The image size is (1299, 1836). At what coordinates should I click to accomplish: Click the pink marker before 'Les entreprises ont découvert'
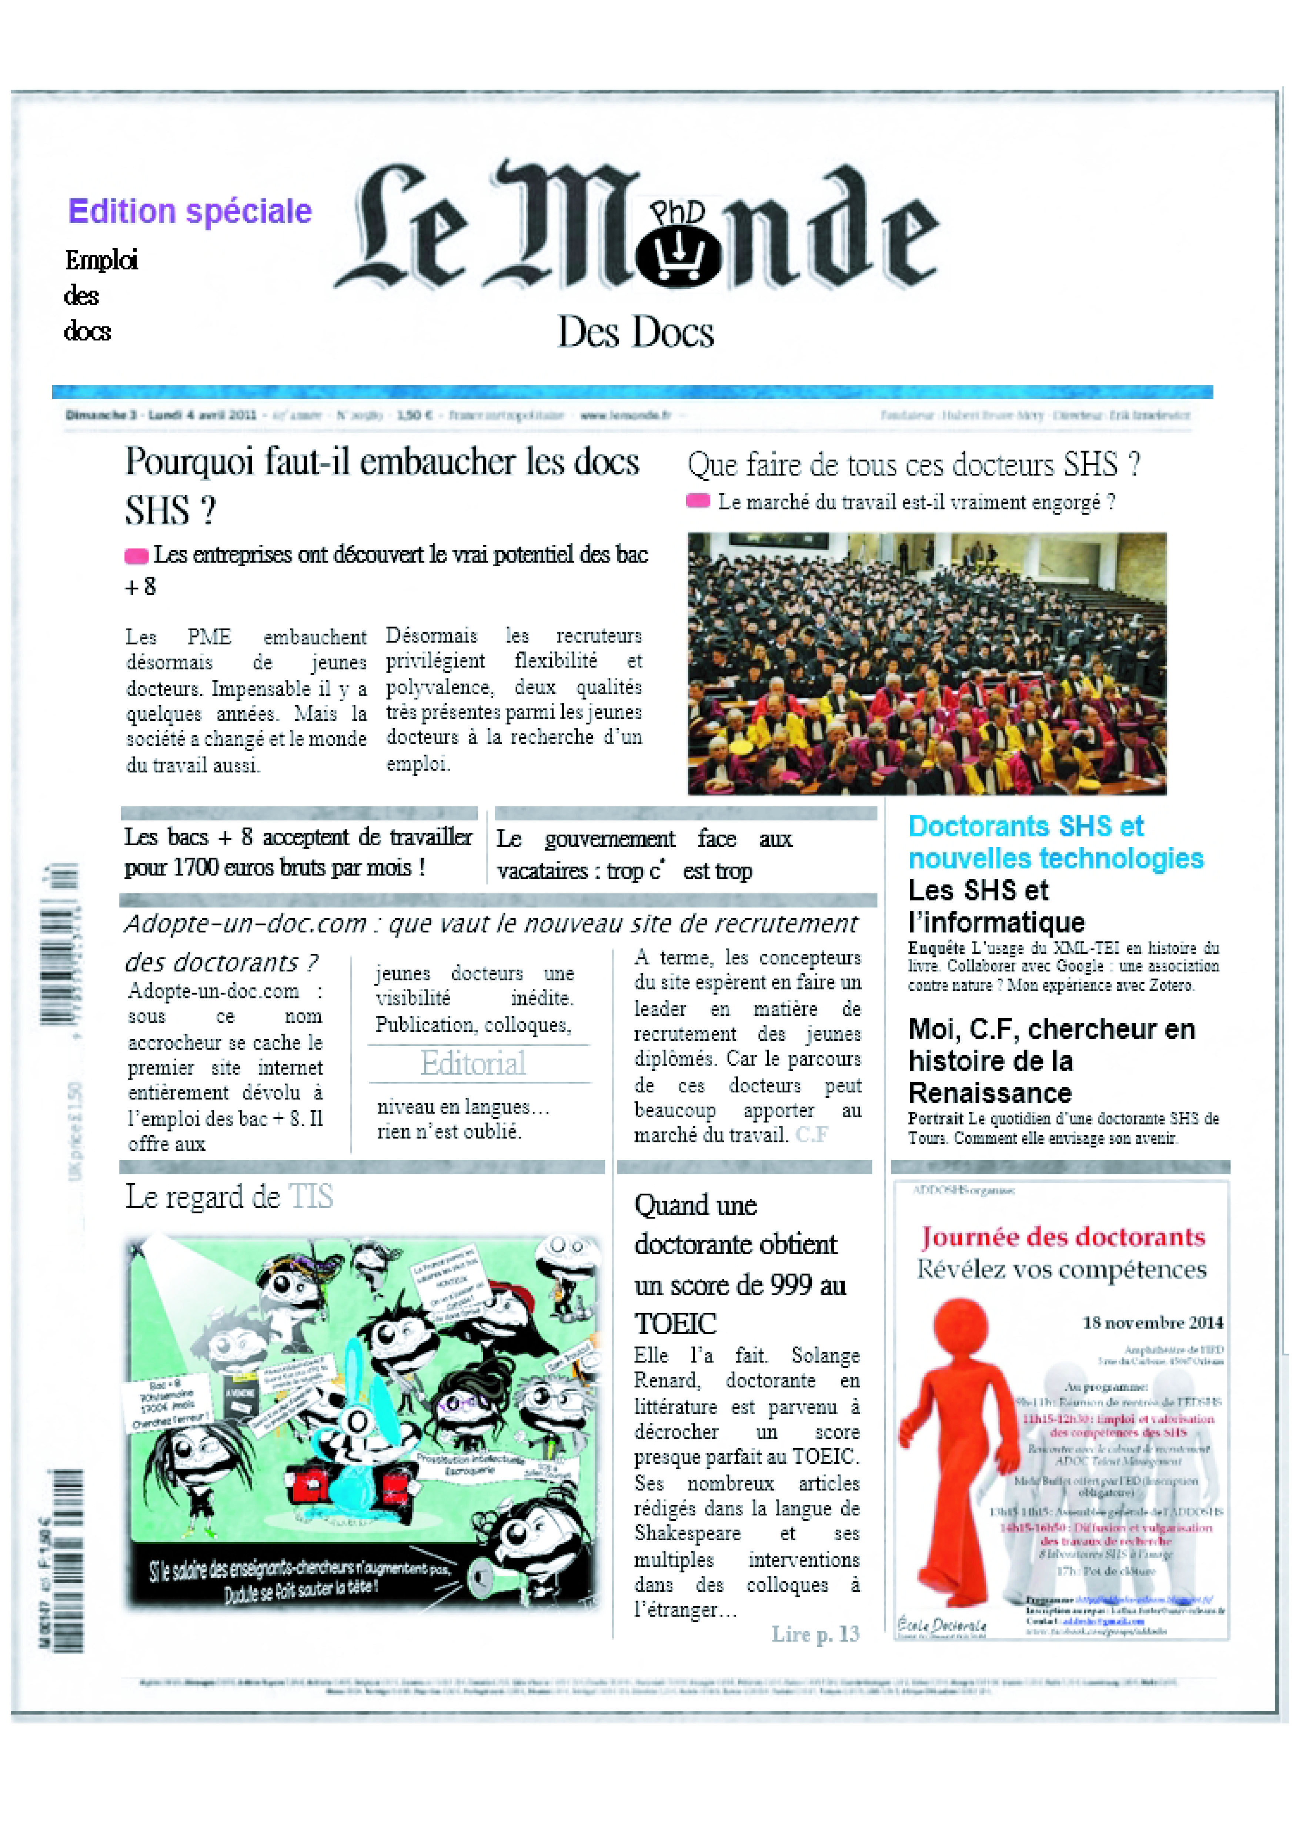(136, 556)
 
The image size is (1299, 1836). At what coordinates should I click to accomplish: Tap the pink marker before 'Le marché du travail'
(698, 501)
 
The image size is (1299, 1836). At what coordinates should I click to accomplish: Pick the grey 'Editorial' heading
(474, 1064)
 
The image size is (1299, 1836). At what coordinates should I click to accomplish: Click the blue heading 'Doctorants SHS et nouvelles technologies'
(1054, 842)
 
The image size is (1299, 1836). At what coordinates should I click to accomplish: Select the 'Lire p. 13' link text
(815, 1634)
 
